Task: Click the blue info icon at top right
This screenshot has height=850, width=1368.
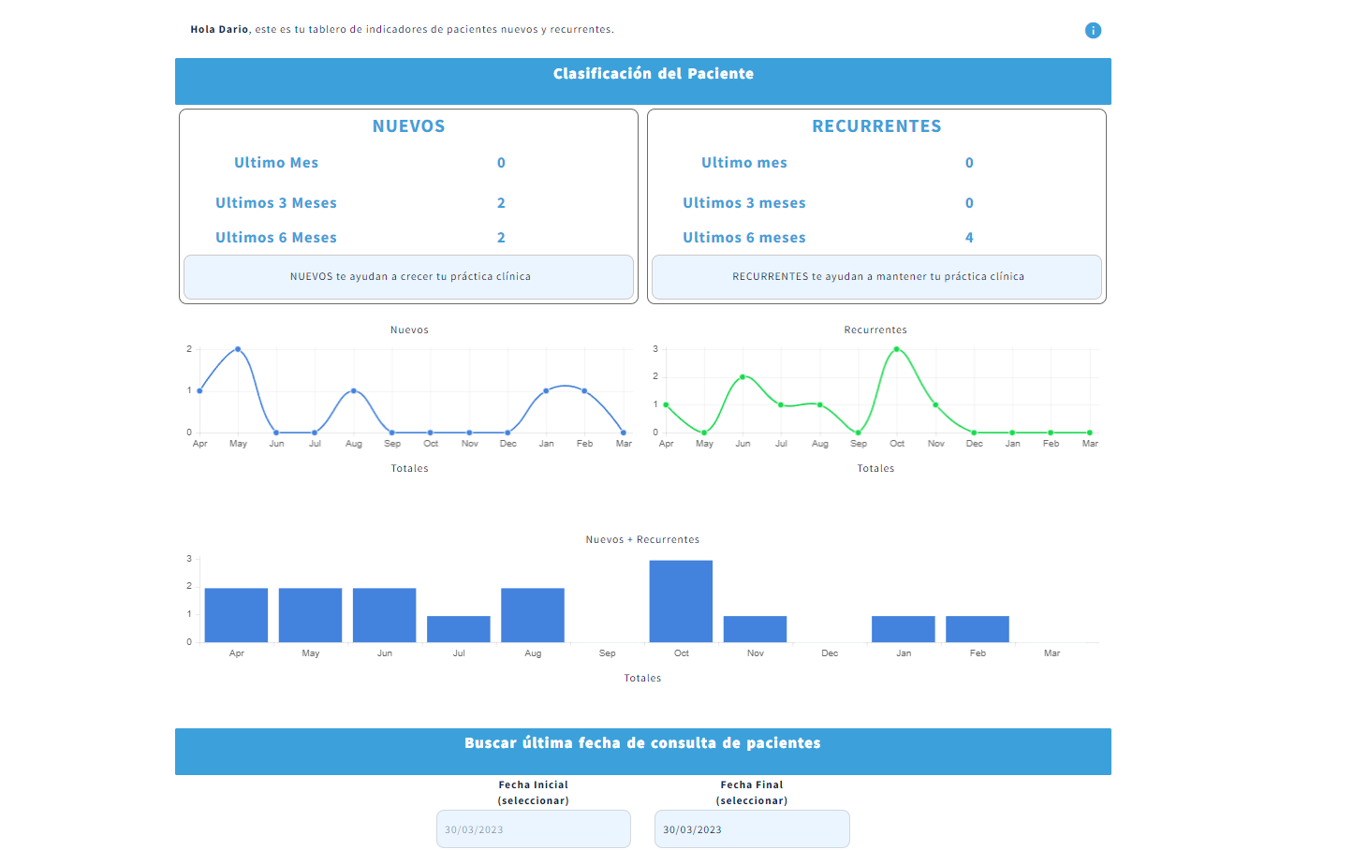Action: pos(1093,31)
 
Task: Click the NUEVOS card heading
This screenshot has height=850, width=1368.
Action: pos(408,126)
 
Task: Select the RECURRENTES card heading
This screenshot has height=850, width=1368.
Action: pos(876,126)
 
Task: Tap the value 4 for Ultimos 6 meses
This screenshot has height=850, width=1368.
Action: pos(969,238)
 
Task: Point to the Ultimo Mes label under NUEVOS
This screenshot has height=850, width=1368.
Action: pos(276,163)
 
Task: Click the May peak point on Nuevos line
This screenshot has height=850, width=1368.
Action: pos(238,349)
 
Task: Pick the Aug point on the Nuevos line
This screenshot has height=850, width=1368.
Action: pos(353,390)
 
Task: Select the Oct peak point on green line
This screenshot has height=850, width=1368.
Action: pos(897,349)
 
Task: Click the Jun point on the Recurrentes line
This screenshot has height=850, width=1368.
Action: pos(743,377)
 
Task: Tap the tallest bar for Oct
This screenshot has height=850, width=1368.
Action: pos(681,601)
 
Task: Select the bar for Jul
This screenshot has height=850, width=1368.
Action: pos(459,629)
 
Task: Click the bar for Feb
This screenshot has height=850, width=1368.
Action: pos(978,629)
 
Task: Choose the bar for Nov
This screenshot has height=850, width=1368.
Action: pos(755,629)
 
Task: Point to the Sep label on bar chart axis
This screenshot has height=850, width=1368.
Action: pos(607,653)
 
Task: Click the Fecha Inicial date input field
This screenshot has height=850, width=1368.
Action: pos(534,829)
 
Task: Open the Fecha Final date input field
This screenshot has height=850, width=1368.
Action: pos(752,829)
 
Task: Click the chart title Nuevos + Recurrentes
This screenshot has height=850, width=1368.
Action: pos(642,540)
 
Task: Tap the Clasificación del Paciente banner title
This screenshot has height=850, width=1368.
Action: pos(653,74)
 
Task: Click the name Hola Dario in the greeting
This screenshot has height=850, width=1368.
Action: pos(219,30)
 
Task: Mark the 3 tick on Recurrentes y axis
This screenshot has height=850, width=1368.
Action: pos(655,349)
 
